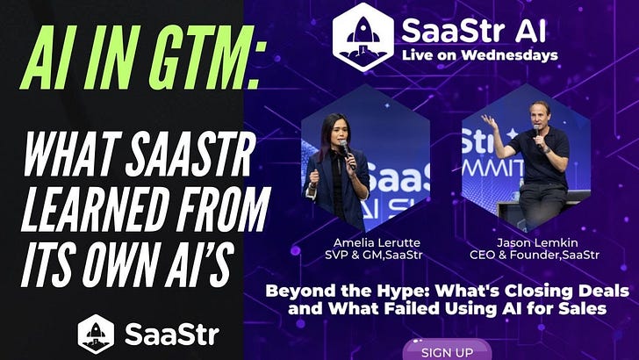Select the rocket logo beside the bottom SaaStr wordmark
tap(97, 334)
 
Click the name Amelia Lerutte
tap(372, 242)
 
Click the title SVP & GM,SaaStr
tap(372, 256)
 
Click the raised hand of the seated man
tap(487, 121)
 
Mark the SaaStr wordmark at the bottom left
tap(172, 335)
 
